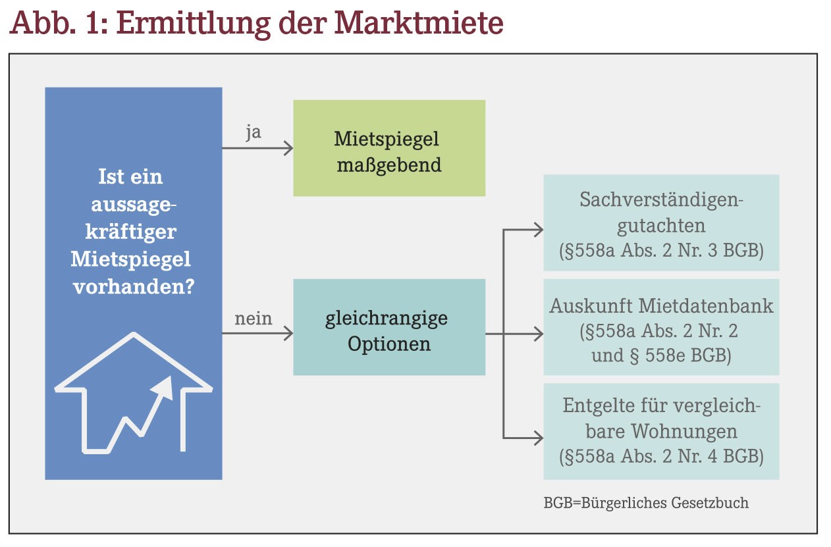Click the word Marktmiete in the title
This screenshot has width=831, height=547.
[x=419, y=23]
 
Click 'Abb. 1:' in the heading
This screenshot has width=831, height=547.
[x=59, y=23]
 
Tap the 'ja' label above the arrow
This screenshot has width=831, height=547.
[x=254, y=132]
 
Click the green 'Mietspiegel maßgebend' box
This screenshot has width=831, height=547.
[x=389, y=148]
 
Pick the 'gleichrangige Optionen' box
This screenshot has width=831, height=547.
[x=389, y=327]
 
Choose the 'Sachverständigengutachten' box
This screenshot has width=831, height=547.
[x=661, y=223]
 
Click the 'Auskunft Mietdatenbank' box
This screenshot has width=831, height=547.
[x=661, y=327]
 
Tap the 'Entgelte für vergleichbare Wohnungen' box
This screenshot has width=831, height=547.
[x=661, y=431]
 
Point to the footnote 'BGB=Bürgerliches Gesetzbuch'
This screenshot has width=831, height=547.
[x=646, y=503]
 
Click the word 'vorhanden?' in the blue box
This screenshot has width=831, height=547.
[x=134, y=286]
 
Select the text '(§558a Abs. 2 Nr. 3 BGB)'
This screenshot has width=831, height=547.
[x=661, y=251]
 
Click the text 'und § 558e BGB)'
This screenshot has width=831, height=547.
[x=661, y=355]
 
